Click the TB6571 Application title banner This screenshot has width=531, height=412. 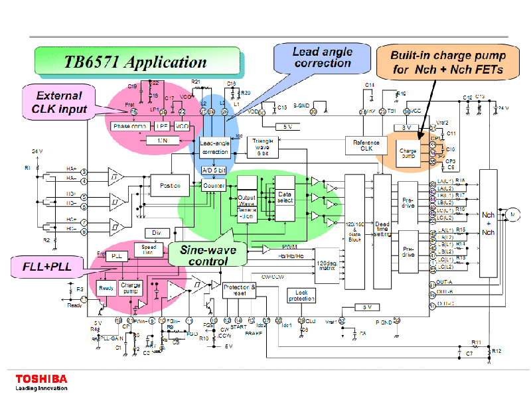click(135, 62)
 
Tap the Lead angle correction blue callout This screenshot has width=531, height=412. click(323, 58)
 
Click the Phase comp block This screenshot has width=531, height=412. click(131, 125)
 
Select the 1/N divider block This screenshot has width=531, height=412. click(162, 141)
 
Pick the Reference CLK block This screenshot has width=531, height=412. click(366, 146)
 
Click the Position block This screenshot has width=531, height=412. click(171, 186)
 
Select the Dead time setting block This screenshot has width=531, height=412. click(382, 232)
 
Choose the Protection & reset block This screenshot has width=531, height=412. click(240, 289)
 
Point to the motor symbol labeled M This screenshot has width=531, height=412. click(511, 214)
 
